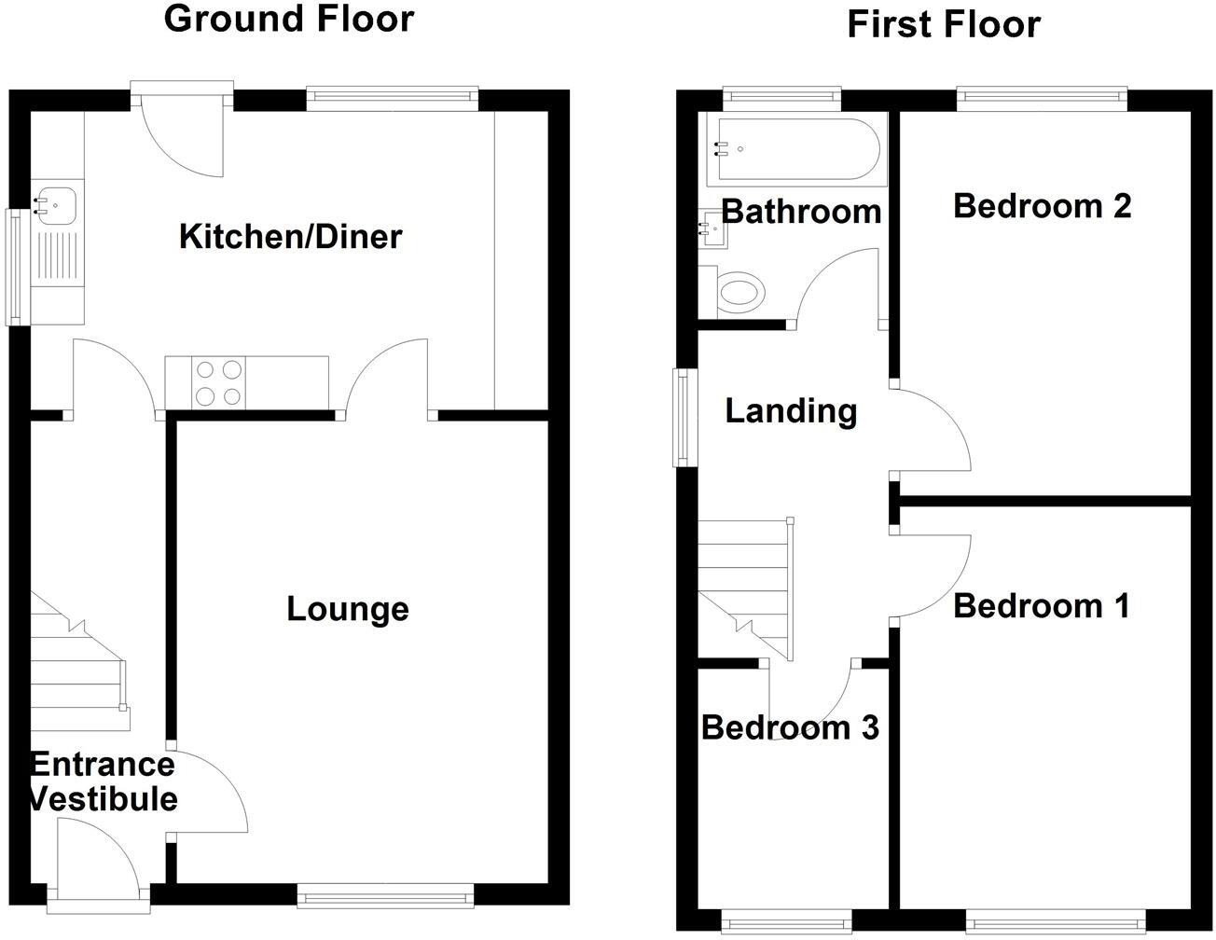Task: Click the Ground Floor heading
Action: [288, 19]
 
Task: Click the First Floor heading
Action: [943, 24]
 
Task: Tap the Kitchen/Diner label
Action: [290, 237]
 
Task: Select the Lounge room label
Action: [347, 609]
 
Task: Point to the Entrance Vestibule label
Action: [103, 781]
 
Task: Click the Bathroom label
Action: [801, 212]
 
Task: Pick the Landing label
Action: [791, 410]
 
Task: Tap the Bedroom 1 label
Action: [1041, 606]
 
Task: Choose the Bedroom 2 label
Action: [1042, 205]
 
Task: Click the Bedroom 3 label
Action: [789, 727]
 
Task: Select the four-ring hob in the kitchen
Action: [219, 382]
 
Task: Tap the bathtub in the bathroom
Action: [793, 148]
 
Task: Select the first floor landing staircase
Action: [746, 587]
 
